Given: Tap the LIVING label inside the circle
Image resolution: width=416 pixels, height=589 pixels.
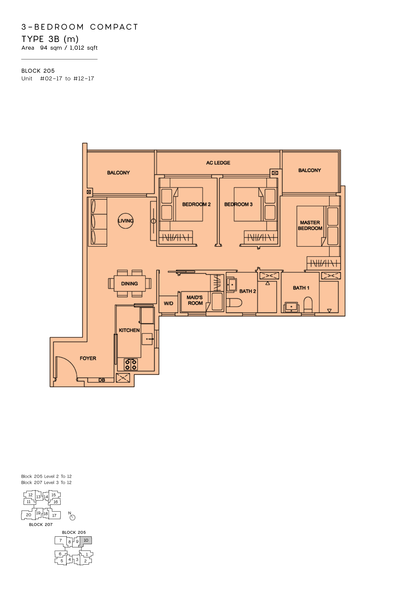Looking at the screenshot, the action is point(126,221).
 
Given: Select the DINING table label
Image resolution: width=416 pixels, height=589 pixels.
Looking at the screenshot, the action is point(129,284).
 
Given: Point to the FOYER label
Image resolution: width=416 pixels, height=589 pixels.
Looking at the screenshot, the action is point(88,358).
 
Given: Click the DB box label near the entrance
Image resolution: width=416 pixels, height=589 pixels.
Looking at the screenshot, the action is point(102,380).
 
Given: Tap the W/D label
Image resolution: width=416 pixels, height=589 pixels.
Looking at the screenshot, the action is point(168,303).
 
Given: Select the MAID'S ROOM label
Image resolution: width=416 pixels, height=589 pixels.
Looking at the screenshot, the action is point(195,300).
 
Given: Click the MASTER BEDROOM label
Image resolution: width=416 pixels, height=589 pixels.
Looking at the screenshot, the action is point(310,225).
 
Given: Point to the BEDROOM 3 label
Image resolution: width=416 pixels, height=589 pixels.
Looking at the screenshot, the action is point(238,205).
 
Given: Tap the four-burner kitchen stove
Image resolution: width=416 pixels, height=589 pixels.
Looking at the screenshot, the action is point(131,365).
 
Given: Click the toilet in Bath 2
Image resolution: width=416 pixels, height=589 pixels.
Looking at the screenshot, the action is point(234,303).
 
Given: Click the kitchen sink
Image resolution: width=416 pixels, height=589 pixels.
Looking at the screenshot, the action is point(147,339).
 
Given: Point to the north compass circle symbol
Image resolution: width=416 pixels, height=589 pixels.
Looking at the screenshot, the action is point(72,518).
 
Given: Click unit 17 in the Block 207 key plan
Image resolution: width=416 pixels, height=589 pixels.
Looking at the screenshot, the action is point(54,515).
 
